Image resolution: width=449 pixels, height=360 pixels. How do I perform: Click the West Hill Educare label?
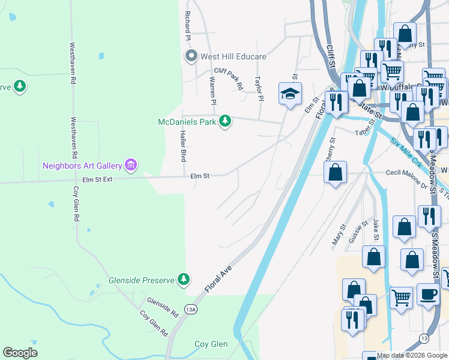pyautogui.click(x=234, y=56)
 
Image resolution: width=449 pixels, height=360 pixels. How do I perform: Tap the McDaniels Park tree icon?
pyautogui.click(x=225, y=122)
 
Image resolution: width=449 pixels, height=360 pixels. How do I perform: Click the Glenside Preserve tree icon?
pyautogui.click(x=184, y=279)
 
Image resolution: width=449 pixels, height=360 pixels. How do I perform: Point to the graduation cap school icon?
pyautogui.click(x=290, y=94)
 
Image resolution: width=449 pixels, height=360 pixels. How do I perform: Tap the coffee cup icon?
pyautogui.click(x=428, y=294)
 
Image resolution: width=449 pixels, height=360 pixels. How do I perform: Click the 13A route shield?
pyautogui.click(x=191, y=310)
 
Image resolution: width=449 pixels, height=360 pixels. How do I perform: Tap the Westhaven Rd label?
pyautogui.click(x=73, y=62)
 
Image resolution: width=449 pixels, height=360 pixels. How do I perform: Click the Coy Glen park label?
pyautogui.click(x=211, y=344)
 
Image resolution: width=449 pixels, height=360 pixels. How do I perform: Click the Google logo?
pyautogui.click(x=20, y=352)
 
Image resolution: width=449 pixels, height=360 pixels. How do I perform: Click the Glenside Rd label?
pyautogui.click(x=163, y=306)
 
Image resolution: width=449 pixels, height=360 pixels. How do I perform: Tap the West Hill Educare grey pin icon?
pyautogui.click(x=191, y=56)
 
